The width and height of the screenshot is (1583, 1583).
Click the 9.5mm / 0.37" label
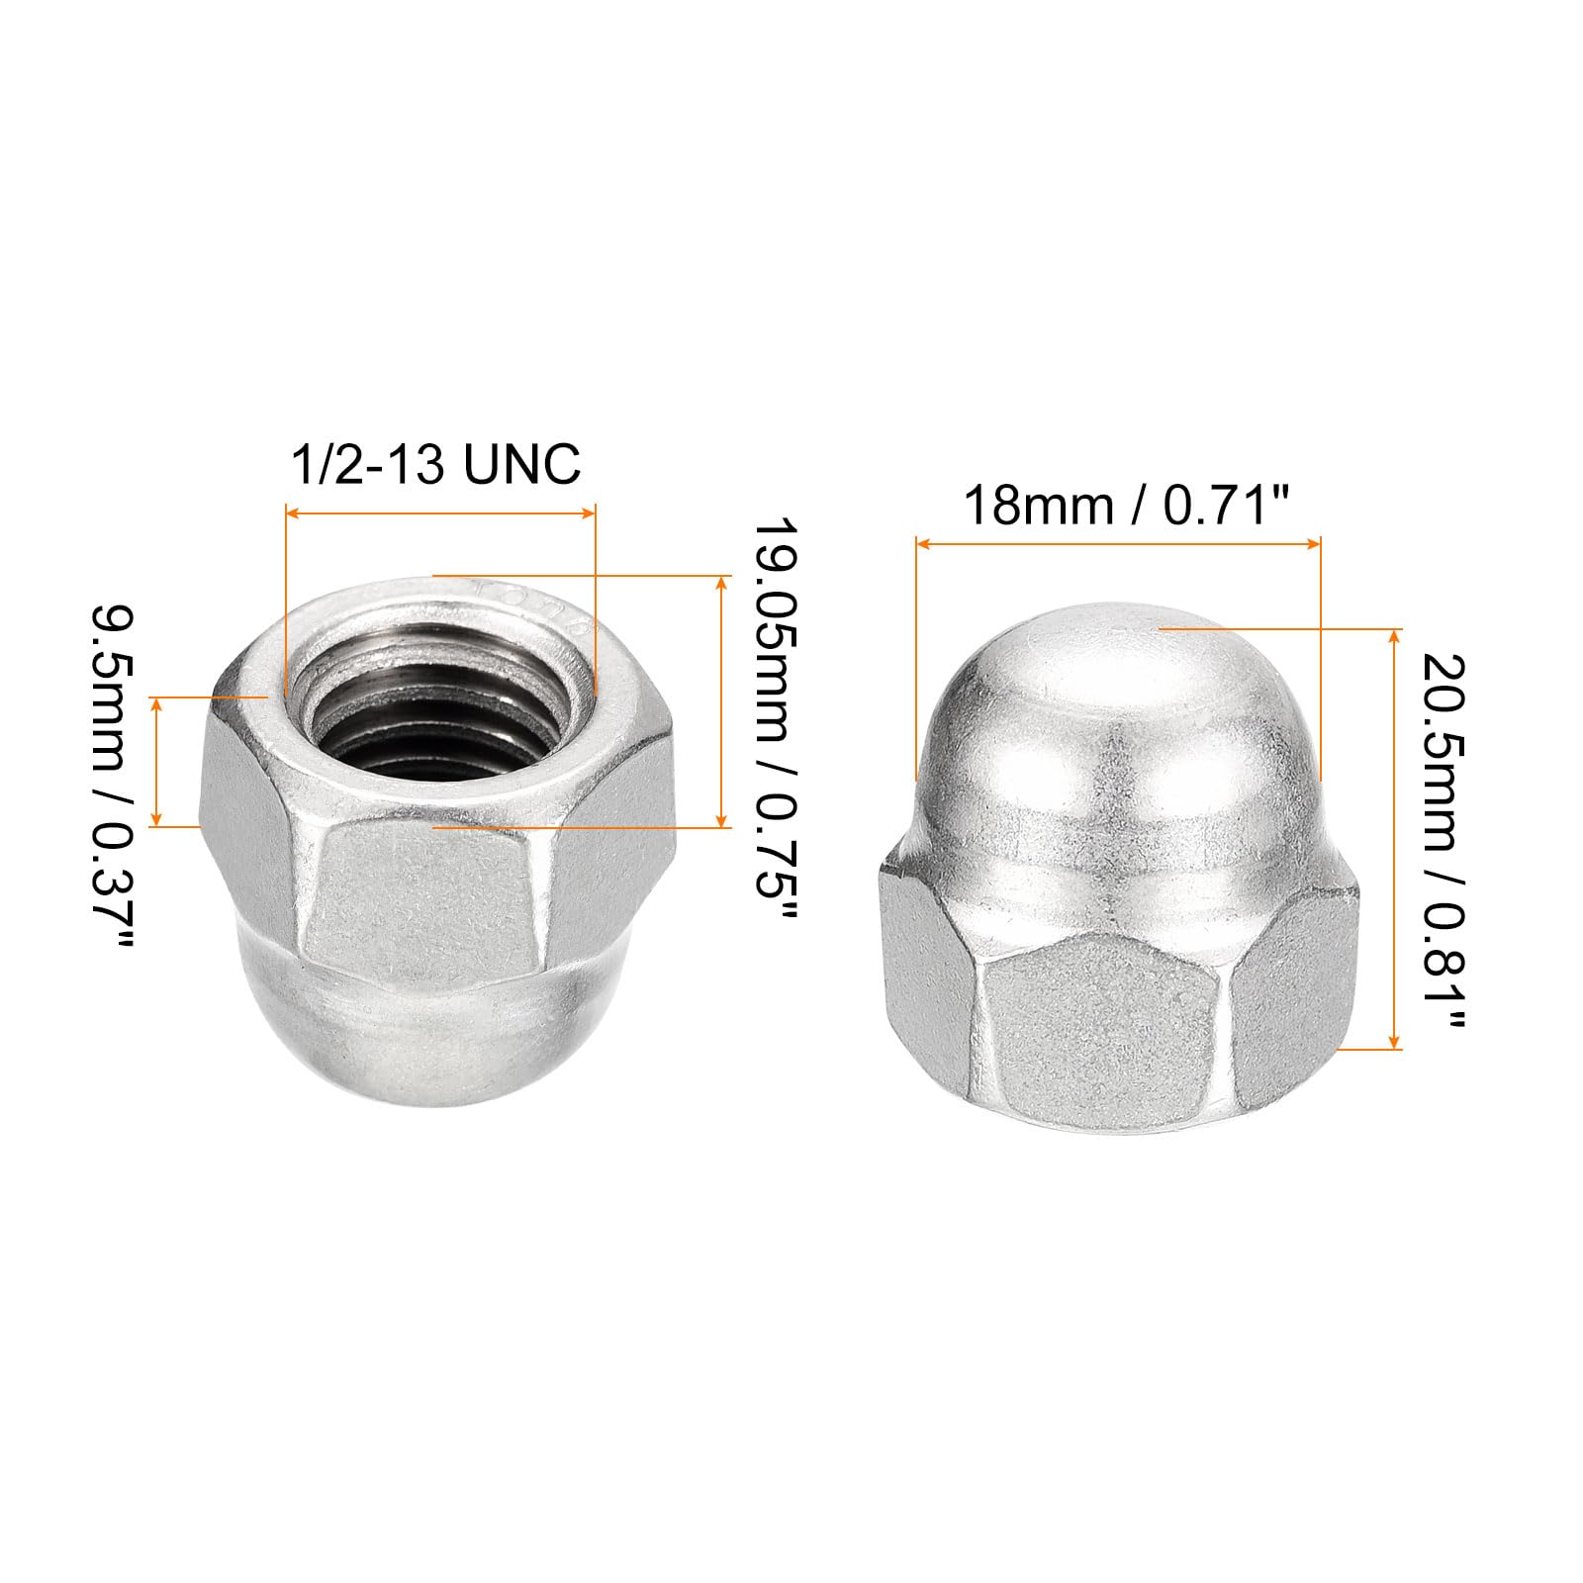pyautogui.click(x=110, y=776)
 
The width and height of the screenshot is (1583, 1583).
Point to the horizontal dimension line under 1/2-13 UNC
pyautogui.click(x=440, y=512)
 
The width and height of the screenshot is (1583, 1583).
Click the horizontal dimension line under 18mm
pyautogui.click(x=1118, y=543)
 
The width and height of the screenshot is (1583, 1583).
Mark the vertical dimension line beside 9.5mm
pyautogui.click(x=155, y=761)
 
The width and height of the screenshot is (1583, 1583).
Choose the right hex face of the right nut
pyautogui.click(x=1296, y=979)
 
